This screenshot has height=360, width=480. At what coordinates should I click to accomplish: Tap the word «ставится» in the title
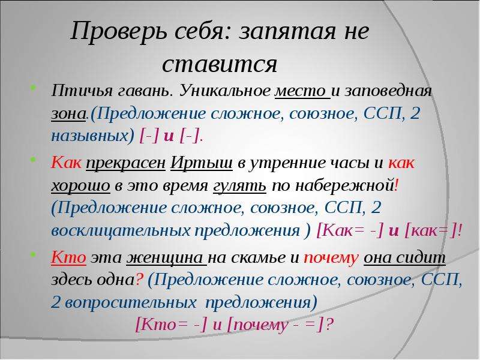[220, 64]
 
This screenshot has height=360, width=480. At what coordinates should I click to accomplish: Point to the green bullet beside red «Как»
[34, 159]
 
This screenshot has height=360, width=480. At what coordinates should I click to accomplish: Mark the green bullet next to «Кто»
[34, 254]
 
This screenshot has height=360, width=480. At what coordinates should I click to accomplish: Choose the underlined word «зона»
[68, 113]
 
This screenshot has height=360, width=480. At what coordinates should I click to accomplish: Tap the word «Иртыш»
[201, 163]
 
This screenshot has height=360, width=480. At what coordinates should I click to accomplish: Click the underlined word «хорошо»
[80, 186]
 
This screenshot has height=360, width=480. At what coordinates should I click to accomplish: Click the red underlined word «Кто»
[68, 257]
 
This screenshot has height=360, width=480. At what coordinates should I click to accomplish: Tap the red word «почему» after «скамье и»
[331, 259]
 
